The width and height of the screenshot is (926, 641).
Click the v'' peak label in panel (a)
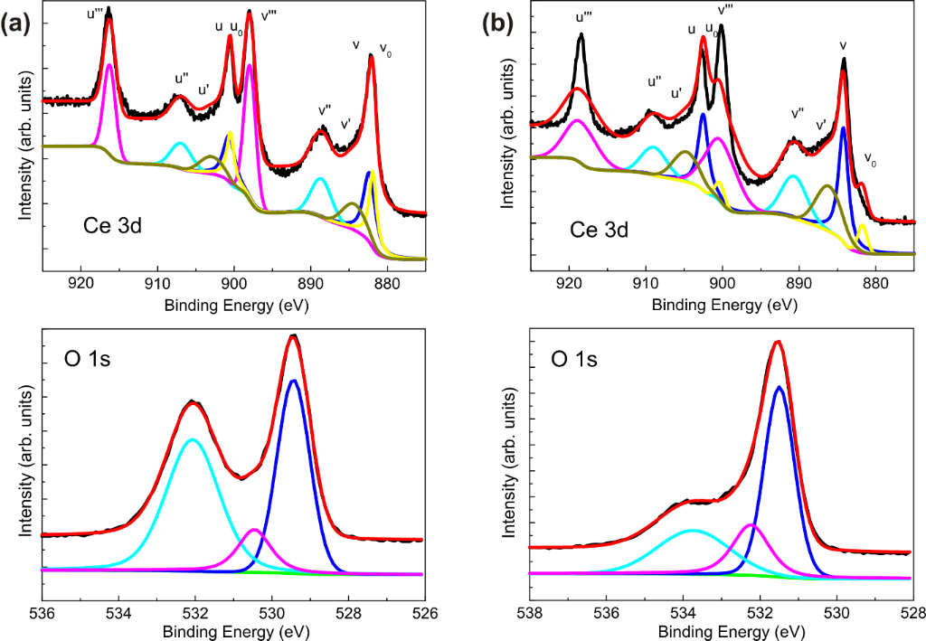[325, 110]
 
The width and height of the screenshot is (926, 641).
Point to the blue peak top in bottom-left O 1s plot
[293, 381]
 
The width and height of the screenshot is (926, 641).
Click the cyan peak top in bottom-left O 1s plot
[192, 440]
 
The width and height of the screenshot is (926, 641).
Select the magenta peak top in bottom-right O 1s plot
[751, 524]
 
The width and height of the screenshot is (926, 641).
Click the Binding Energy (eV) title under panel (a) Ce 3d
[235, 305]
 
